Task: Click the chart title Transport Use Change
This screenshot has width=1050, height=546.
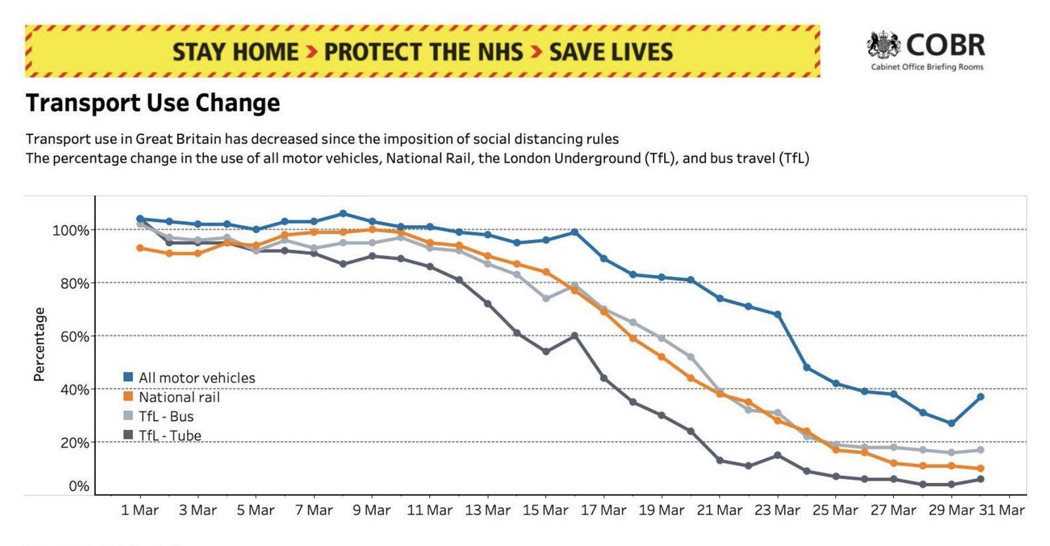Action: (153, 103)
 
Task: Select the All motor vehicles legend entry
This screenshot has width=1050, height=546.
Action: (196, 378)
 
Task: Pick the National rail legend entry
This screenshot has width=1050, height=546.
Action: (178, 397)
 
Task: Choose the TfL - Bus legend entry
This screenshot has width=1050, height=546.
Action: (165, 416)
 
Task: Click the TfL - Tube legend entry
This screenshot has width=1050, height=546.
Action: (169, 435)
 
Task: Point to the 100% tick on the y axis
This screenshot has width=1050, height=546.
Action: (70, 230)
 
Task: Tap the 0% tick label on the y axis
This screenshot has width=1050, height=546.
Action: (79, 486)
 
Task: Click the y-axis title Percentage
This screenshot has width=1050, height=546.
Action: (39, 344)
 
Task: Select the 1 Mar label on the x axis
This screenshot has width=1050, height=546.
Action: (140, 510)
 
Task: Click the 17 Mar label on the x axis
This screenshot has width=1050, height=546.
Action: (603, 510)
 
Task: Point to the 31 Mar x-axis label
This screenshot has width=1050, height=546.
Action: (1001, 510)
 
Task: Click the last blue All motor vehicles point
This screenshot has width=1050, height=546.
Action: (980, 396)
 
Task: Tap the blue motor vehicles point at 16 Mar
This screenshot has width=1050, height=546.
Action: (574, 232)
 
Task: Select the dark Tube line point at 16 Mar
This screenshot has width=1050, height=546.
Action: (574, 335)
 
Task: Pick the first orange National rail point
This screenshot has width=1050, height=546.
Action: (140, 248)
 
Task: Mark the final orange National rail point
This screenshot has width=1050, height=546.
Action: (980, 469)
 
